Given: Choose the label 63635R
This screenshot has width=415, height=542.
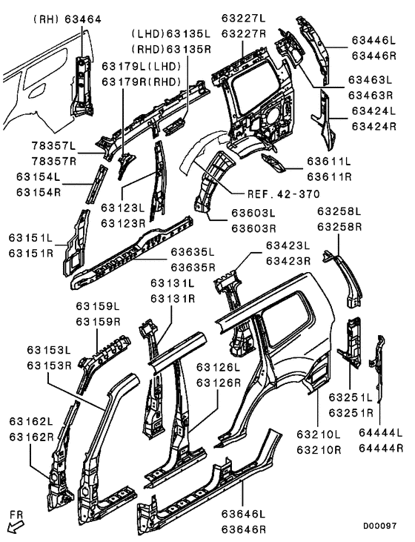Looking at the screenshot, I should point(193,267).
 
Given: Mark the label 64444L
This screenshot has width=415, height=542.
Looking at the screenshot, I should point(381,433).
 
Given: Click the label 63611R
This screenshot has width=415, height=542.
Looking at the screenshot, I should point(329,176).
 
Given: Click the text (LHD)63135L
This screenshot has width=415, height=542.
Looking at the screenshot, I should point(170,34).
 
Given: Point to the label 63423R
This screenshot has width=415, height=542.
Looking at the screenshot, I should point(289,260).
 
